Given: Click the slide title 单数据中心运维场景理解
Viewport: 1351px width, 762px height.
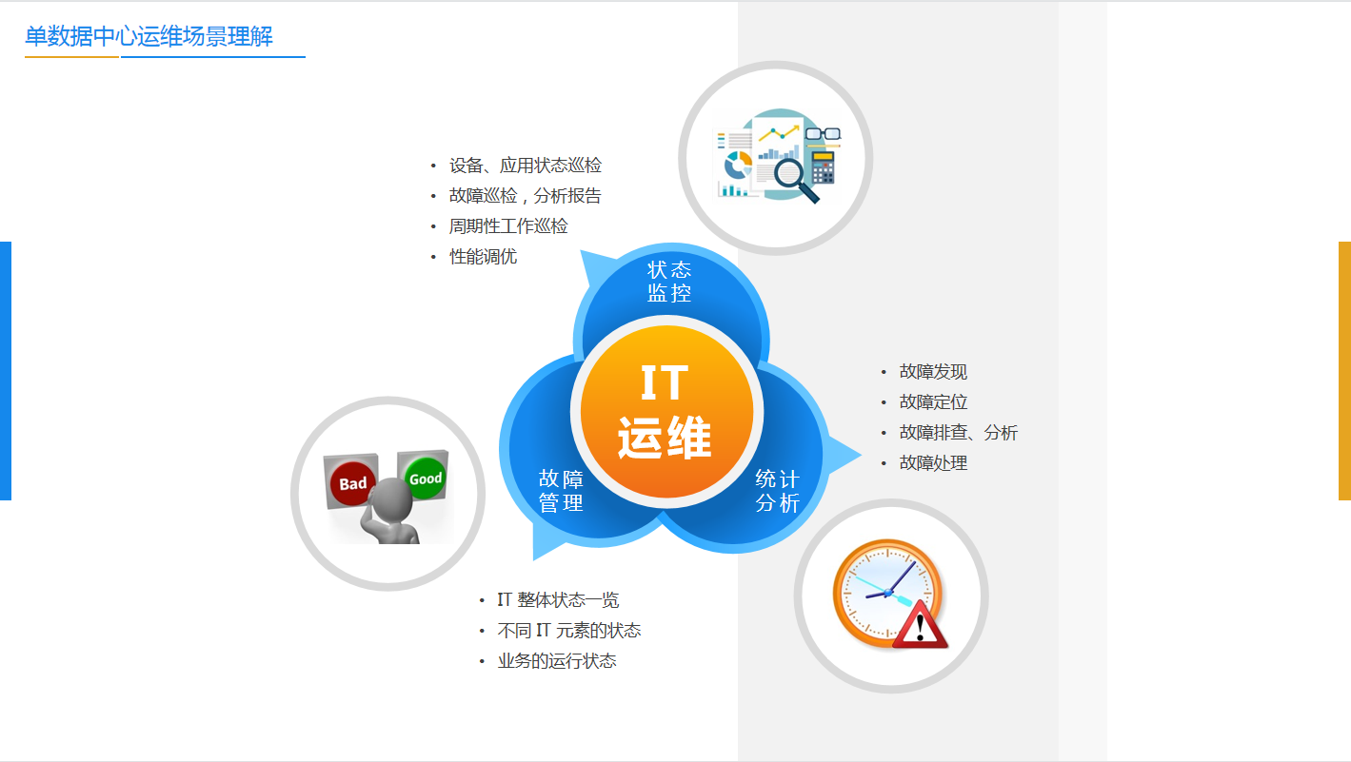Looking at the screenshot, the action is (149, 36).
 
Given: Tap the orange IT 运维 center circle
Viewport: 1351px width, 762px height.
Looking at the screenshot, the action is (666, 412).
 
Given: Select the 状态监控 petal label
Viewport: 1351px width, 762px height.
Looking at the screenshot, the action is (669, 281).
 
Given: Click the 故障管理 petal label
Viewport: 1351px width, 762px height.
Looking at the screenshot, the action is (561, 491).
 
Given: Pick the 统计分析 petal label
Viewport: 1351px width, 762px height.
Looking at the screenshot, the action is (778, 491).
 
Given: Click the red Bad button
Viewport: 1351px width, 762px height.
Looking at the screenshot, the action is (353, 483).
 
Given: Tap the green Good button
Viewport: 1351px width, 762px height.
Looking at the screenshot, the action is (426, 479).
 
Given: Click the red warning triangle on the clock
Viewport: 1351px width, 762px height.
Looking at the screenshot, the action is (919, 626).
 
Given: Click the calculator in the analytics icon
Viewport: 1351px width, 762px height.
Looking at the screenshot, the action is (823, 167).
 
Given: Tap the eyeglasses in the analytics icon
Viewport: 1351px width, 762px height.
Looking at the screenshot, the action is (823, 134).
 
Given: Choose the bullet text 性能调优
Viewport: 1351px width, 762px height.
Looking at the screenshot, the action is (483, 257).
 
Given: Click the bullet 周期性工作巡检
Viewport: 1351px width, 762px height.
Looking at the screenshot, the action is (508, 226).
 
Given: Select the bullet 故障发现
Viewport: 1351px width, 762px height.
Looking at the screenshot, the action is (933, 371).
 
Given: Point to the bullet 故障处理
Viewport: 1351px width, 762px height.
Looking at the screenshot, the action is (933, 463).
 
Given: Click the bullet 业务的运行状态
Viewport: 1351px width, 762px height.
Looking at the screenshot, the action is (557, 661).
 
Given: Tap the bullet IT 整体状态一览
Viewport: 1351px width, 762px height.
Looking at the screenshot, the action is (558, 600).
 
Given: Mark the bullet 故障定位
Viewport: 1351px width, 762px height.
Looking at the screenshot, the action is (933, 401).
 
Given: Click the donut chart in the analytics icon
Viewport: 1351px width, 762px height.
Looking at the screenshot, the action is (738, 165).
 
